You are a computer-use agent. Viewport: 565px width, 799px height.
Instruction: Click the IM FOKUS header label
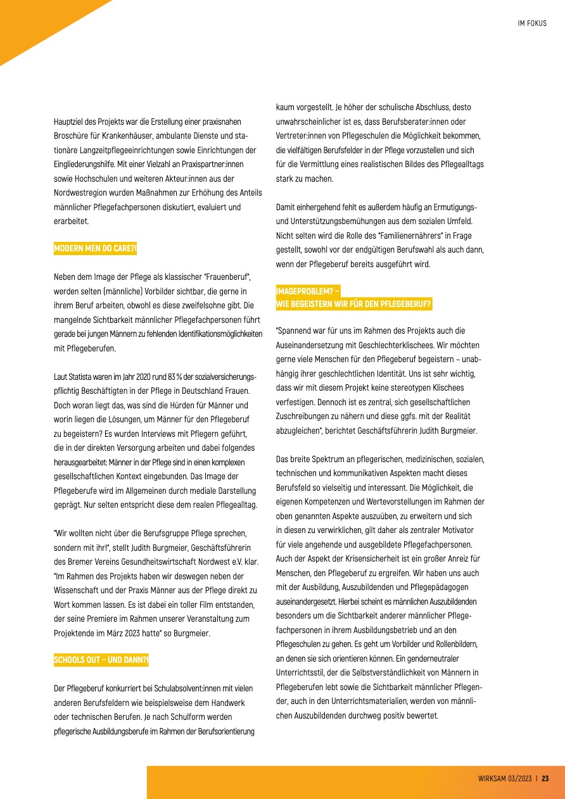(x=531, y=23)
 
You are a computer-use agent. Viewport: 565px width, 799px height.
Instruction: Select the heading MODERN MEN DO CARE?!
(x=94, y=249)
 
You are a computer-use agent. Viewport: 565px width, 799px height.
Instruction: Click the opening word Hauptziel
(x=69, y=120)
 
